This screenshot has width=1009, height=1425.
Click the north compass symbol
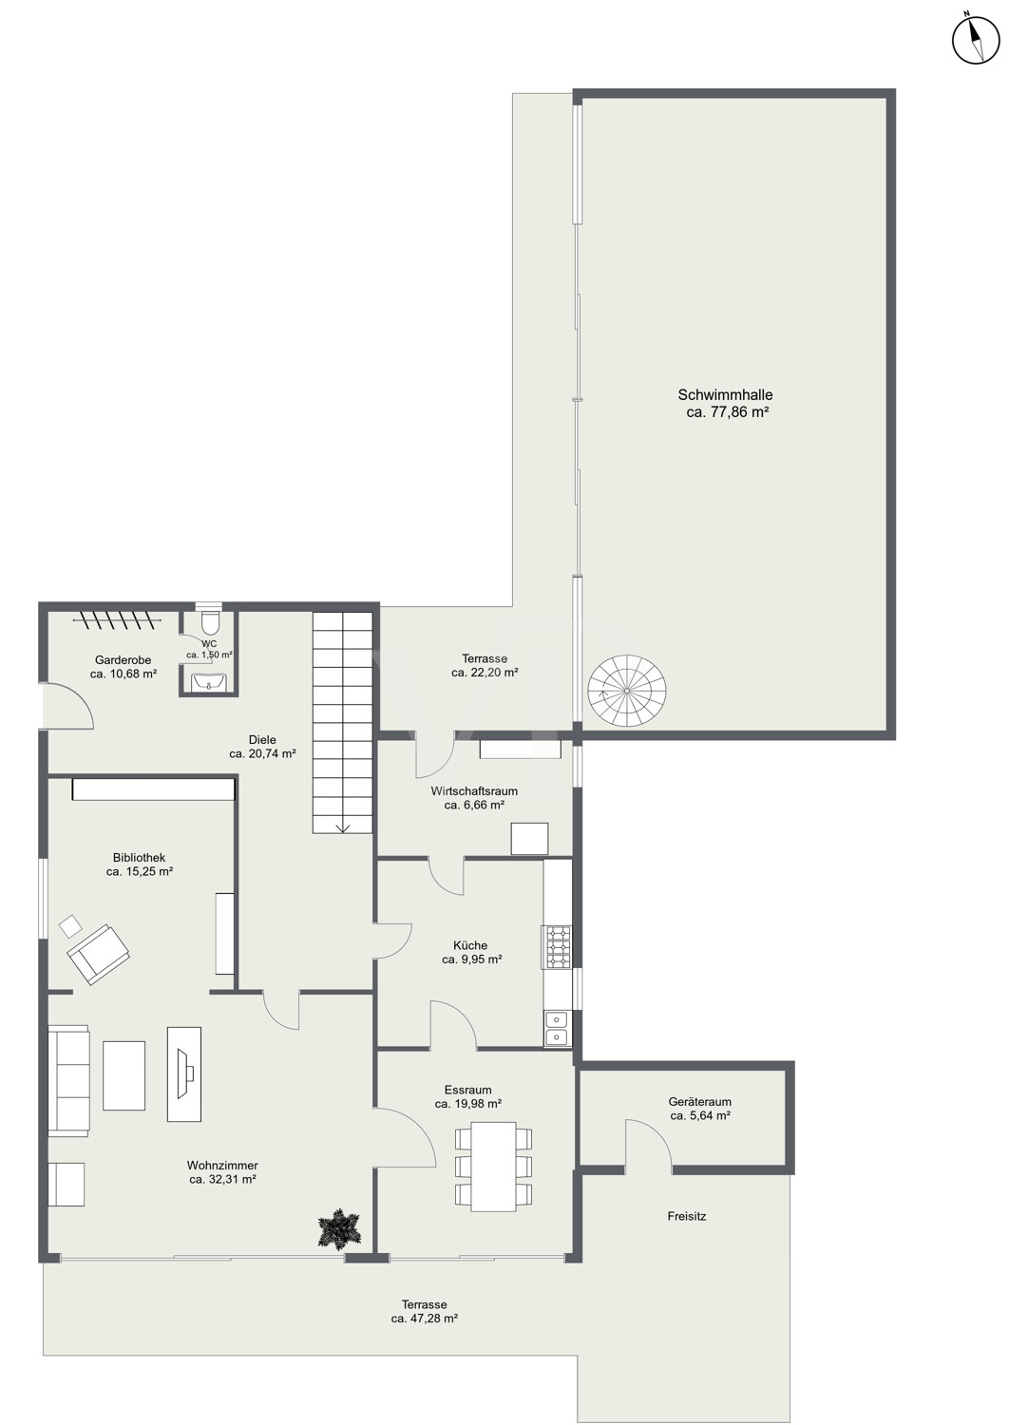point(976,40)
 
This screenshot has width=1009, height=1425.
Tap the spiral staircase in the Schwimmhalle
point(627,691)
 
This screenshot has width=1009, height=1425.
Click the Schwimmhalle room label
point(725,404)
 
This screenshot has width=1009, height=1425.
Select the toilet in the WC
point(209,621)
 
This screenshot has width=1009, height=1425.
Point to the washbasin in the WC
point(209,682)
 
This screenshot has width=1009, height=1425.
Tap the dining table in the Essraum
point(494,1167)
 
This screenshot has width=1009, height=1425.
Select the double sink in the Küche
point(558,1029)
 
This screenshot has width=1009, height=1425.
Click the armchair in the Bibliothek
point(99,955)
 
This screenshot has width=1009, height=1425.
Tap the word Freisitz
point(687,1216)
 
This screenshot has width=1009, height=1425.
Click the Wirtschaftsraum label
point(474,791)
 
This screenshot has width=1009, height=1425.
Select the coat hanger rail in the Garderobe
point(116,619)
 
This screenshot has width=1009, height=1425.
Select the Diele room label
point(263,740)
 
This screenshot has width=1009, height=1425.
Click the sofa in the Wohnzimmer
point(68,1081)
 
